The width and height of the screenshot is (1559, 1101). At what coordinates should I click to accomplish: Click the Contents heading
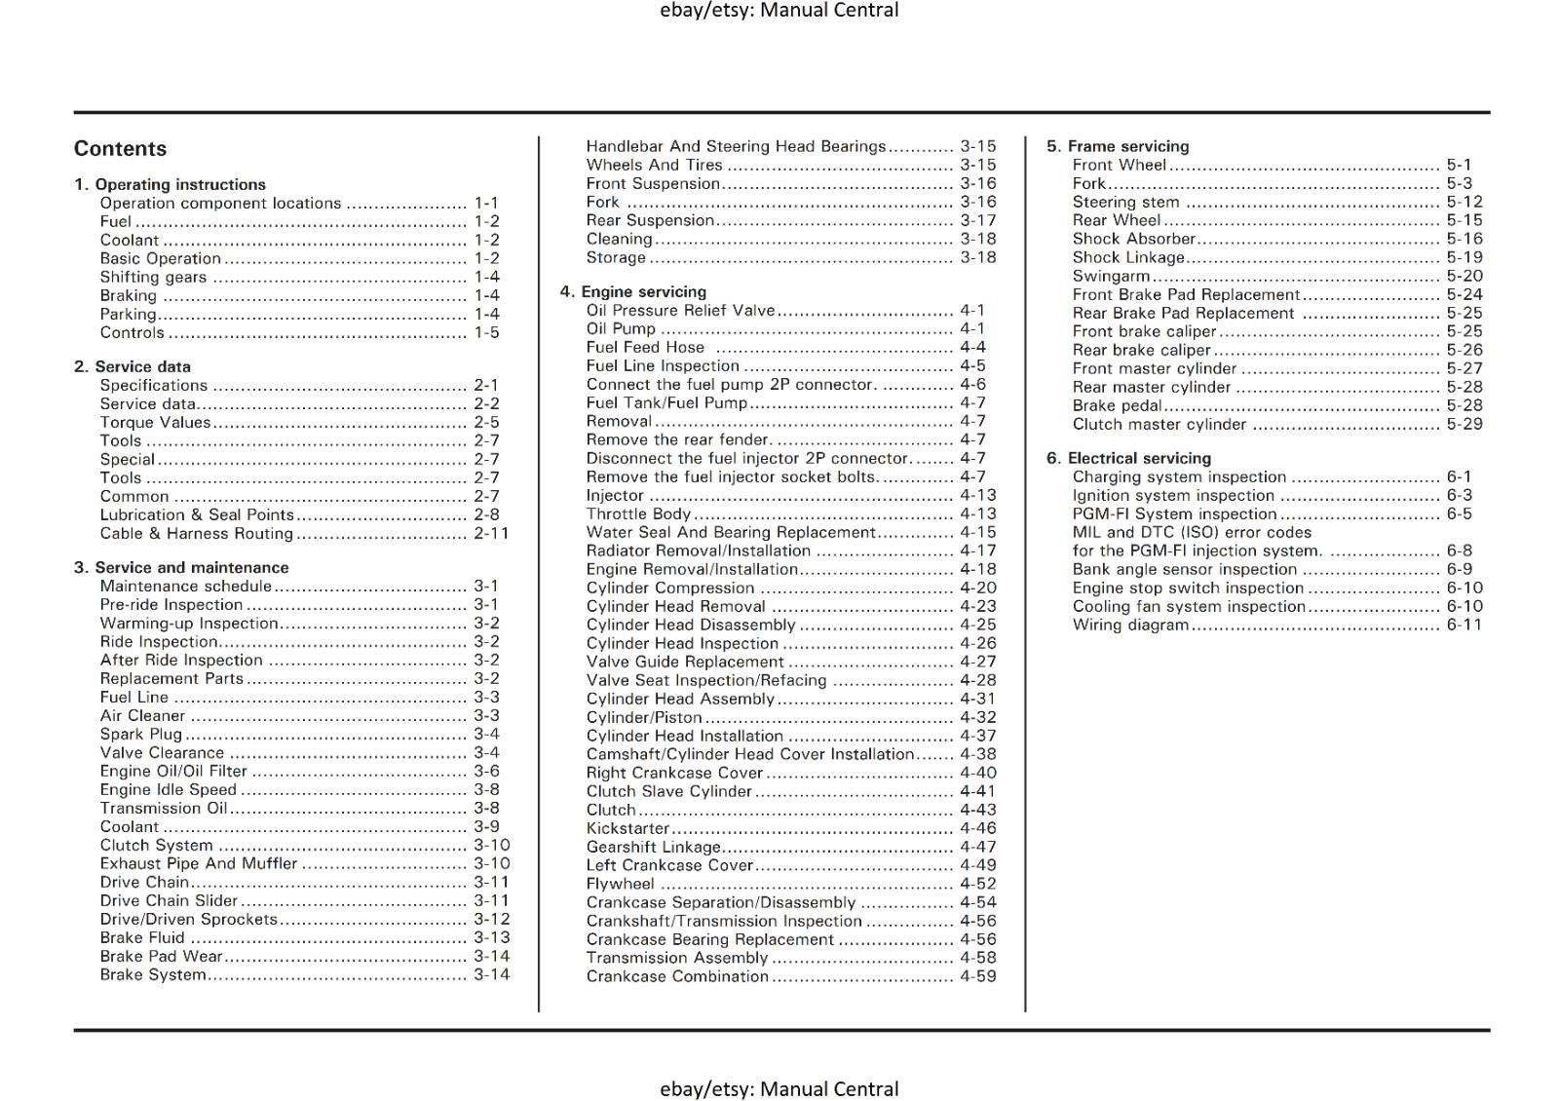(x=120, y=149)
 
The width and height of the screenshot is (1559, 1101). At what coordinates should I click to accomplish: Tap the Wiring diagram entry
(x=1130, y=625)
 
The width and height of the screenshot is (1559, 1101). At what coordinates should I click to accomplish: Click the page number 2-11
(x=491, y=533)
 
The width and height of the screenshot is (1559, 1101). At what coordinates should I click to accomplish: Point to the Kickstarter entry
(x=627, y=828)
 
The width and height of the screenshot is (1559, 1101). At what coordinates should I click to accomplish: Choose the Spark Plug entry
(x=140, y=734)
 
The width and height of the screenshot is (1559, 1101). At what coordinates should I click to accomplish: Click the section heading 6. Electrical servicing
(x=1128, y=458)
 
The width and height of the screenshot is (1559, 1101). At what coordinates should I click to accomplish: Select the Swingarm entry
(x=1111, y=276)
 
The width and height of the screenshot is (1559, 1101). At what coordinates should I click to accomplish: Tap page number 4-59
(x=977, y=975)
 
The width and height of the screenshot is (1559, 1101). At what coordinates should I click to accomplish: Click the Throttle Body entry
(x=638, y=513)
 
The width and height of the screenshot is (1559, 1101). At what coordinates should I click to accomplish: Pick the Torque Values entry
(x=155, y=422)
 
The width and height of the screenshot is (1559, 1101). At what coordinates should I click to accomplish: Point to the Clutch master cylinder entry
(x=1159, y=424)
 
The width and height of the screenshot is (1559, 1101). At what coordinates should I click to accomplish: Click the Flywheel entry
(x=620, y=884)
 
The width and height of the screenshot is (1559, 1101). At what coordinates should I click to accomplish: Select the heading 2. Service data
(x=133, y=366)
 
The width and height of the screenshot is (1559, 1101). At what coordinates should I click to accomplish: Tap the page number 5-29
(x=1464, y=424)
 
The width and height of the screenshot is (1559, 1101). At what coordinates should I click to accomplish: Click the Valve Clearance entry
(x=162, y=752)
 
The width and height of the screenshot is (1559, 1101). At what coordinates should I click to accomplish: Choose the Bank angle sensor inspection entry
(x=1184, y=569)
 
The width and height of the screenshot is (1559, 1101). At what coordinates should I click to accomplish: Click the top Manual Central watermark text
(x=779, y=11)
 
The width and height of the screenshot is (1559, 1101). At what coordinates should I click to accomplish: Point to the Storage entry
(x=615, y=257)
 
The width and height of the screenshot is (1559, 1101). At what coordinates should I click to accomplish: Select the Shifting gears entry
(x=153, y=277)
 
